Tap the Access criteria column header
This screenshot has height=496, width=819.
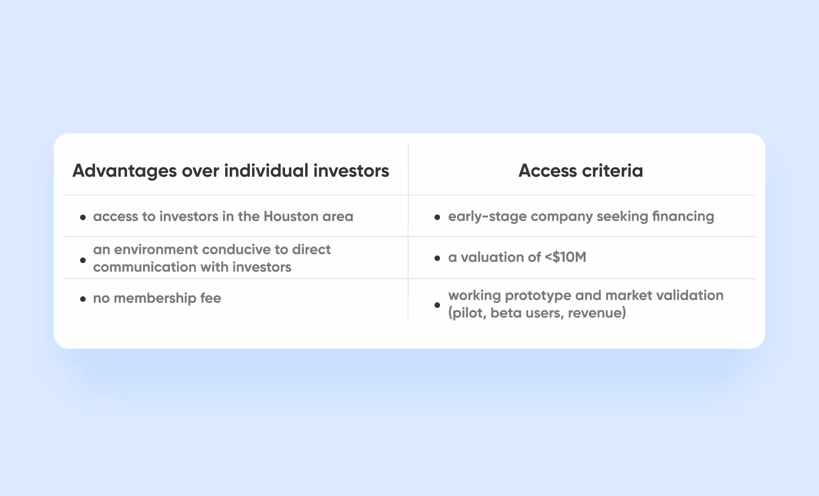(x=580, y=171)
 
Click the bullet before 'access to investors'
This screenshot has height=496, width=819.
(x=83, y=218)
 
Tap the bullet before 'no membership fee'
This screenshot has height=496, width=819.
(x=83, y=299)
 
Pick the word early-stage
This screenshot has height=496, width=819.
(x=487, y=216)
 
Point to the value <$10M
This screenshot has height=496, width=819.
(x=565, y=257)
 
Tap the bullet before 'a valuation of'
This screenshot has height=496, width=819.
(x=437, y=258)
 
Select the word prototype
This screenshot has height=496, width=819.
(x=538, y=296)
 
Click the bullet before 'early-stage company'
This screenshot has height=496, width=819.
(x=437, y=218)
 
